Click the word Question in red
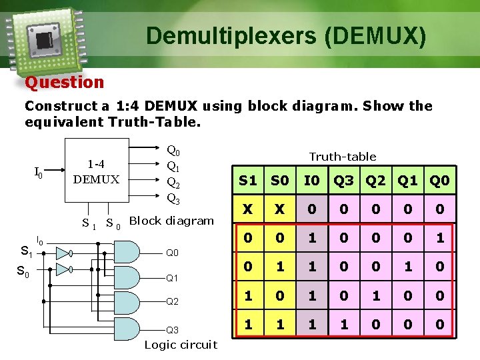[x=65, y=83]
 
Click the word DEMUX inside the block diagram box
[x=97, y=179]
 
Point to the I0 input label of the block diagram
[x=39, y=173]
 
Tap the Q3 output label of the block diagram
[x=173, y=199]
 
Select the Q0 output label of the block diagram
[x=173, y=151]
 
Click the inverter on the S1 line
[x=63, y=253]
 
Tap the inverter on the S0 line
[x=63, y=269]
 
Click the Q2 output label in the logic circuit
[x=173, y=301]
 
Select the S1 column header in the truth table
[x=248, y=181]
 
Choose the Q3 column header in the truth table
[x=344, y=181]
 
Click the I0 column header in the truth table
[x=311, y=181]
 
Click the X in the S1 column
[x=248, y=209]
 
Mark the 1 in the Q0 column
[x=439, y=238]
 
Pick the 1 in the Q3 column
[x=344, y=324]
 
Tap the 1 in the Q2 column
[x=376, y=295]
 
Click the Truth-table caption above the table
[x=343, y=157]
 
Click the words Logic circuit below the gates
[x=181, y=345]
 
